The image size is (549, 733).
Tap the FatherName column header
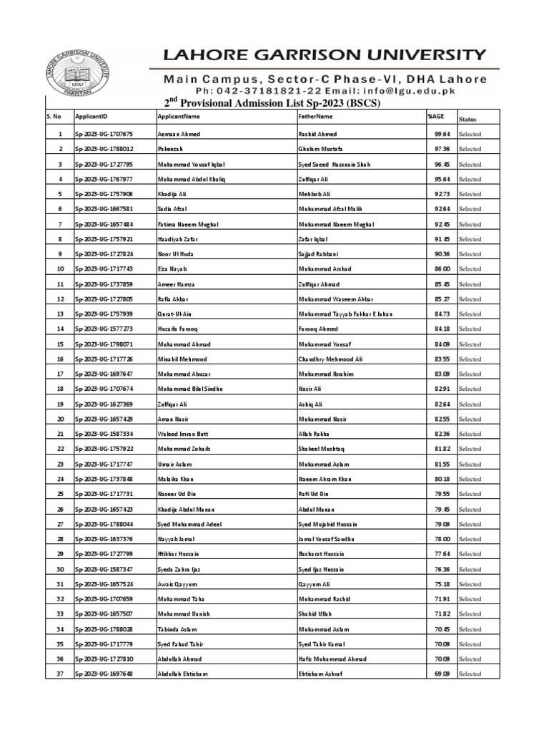tap(315, 116)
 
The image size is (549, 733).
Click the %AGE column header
tap(435, 116)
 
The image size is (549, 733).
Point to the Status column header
tap(468, 120)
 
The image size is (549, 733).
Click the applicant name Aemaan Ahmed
tap(179, 134)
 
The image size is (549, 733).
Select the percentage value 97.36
tap(442, 149)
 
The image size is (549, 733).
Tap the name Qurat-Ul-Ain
tap(176, 314)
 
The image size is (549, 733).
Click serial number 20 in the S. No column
tap(61, 419)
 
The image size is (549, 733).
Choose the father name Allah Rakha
tap(315, 434)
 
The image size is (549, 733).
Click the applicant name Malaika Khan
tap(176, 479)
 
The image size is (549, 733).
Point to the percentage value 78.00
tap(442, 539)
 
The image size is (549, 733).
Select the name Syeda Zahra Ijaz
tap(182, 569)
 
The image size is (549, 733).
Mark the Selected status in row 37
tap(470, 674)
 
